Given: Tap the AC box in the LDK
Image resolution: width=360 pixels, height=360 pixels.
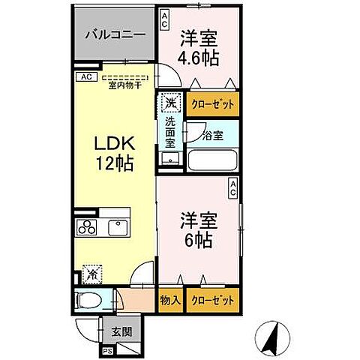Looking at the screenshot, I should [85, 76].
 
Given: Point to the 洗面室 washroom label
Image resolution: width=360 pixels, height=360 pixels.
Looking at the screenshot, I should [171, 133].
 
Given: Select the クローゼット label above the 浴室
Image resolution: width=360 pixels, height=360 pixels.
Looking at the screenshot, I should [214, 103].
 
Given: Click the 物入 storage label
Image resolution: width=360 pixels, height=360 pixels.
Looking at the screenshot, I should [170, 300].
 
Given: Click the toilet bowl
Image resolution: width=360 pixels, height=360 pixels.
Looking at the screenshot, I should [89, 301].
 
